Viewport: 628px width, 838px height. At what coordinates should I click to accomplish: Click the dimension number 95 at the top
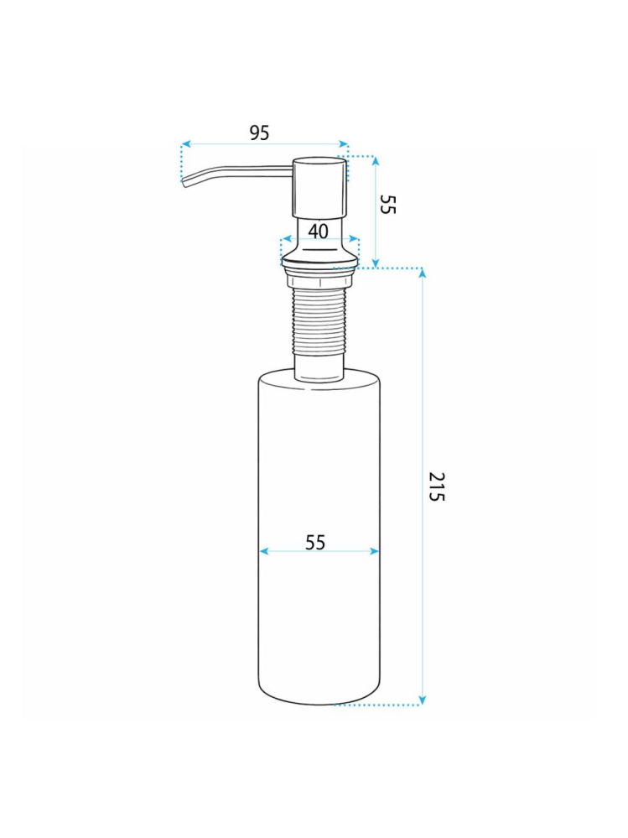[260, 133]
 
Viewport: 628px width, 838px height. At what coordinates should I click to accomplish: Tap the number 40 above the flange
[318, 231]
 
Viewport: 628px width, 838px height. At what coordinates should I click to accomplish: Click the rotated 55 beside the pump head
[387, 204]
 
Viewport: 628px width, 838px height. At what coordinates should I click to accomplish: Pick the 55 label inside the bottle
[314, 543]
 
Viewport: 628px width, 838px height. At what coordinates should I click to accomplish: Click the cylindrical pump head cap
[319, 186]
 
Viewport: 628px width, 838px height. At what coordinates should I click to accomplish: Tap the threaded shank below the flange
[319, 323]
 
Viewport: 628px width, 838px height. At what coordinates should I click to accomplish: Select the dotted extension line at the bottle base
[377, 705]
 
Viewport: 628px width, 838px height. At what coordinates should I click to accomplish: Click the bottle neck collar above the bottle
[319, 373]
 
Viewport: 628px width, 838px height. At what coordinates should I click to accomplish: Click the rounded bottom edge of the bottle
[319, 701]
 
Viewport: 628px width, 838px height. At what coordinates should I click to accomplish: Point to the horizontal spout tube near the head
[252, 170]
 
